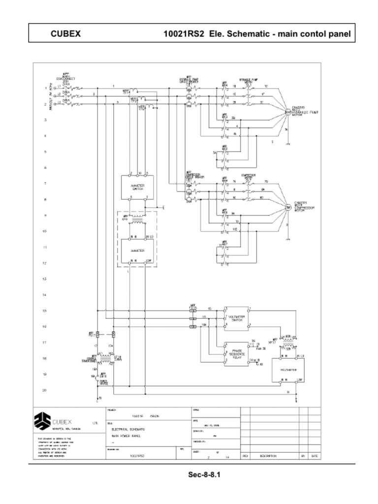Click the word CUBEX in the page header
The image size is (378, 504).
(65, 34)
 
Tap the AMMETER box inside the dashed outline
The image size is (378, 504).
(136, 251)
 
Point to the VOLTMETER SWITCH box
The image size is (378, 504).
(236, 317)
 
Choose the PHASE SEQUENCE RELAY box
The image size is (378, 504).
(236, 353)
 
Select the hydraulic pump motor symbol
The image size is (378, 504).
(288, 112)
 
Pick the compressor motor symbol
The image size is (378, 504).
(288, 207)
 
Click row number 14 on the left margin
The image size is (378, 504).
(45, 295)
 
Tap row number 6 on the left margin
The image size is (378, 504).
(45, 167)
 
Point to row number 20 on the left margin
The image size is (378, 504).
(45, 390)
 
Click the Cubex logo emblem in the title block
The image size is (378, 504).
(42, 421)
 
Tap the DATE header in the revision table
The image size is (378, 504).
(314, 456)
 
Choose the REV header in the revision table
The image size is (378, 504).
(245, 456)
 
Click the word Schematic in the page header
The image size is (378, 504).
(244, 34)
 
